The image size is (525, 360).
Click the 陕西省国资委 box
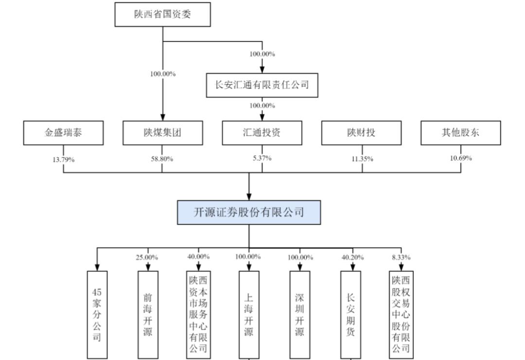tap(162, 15)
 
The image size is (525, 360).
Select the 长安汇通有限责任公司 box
tap(262, 85)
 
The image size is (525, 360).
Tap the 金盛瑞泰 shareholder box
tap(64, 133)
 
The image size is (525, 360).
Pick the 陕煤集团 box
tap(162, 133)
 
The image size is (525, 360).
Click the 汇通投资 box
tap(262, 133)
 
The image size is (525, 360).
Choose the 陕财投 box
tap(361, 133)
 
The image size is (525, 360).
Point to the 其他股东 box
tap(460, 133)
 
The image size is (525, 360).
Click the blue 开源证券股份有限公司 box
tap(249, 212)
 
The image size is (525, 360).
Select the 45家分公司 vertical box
tap(97, 314)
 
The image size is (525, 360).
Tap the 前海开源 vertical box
tap(148, 314)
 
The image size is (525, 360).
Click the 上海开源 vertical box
tap(249, 314)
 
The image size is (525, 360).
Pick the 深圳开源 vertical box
tap(299, 314)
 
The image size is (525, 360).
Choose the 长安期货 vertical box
tap(350, 314)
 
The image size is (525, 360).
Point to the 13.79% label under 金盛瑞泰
tap(64, 159)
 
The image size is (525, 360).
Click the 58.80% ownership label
tap(162, 159)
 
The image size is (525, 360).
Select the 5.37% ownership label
tap(262, 158)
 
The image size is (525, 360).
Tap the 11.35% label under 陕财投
tap(362, 159)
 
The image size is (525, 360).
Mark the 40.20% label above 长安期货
tap(350, 257)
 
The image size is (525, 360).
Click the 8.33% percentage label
tap(402, 257)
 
